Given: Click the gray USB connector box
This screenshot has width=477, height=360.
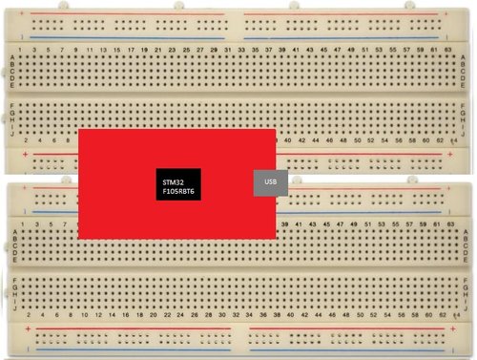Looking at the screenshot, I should [x=270, y=181].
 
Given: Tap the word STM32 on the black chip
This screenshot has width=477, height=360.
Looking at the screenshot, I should [x=174, y=181].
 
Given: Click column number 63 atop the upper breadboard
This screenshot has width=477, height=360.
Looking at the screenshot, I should [x=447, y=48].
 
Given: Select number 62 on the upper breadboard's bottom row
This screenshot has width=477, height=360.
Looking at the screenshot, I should [x=439, y=140].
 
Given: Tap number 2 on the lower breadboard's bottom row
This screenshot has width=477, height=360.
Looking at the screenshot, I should [x=29, y=314].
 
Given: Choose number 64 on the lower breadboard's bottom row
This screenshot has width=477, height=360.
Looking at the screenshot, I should [x=455, y=314].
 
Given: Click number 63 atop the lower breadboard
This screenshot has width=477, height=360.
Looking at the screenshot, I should [x=447, y=222].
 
